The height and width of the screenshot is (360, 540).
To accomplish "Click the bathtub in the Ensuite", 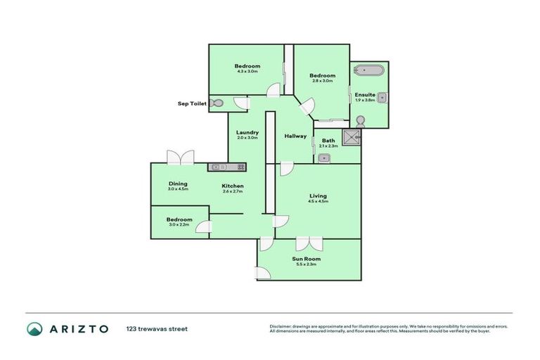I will coord(368,70).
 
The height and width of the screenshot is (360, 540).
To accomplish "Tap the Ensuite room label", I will coord(364,94).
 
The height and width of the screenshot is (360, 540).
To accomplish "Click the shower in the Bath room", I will coord(351,137).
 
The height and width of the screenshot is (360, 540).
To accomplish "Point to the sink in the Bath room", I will coord(324,157).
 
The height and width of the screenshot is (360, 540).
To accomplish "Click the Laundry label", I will coord(247,132).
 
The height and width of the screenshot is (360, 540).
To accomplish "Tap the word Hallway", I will coord(295,136).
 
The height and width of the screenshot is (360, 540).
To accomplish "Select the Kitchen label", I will coord(232,186).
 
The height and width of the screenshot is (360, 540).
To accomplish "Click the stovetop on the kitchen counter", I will coord(240,167).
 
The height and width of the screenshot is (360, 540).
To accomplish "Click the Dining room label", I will coord(177,184).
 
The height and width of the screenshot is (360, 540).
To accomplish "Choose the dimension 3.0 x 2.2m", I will coord(179,225).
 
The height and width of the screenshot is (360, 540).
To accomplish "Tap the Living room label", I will coord(319,195).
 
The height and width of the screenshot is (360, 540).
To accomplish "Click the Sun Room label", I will coord(309,259).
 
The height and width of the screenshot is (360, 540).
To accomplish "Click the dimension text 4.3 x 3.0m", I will coord(247,72).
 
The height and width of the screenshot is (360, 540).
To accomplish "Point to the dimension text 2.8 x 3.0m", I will coord(322,81).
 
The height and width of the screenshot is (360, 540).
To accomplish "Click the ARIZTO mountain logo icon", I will coord(34,328).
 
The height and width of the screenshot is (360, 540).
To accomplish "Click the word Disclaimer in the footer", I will coord(281,326).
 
